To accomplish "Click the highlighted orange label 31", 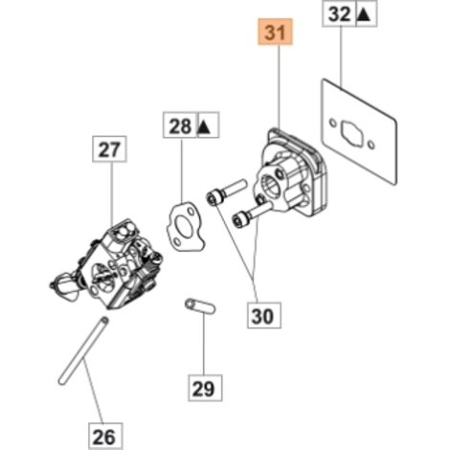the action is click(276, 33).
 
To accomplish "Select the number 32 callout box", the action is click(339, 13).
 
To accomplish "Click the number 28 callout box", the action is click(180, 124).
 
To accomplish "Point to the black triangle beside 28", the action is click(205, 126).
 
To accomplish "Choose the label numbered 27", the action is click(109, 149).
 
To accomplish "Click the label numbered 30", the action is click(264, 315).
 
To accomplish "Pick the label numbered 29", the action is click(205, 388).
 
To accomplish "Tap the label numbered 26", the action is click(105, 436).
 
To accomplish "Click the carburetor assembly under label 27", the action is click(108, 265).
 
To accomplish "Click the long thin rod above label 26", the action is click(83, 350).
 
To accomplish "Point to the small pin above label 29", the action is click(200, 305).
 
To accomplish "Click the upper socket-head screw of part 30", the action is click(227, 191).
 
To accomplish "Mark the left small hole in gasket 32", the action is click(333, 123).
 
